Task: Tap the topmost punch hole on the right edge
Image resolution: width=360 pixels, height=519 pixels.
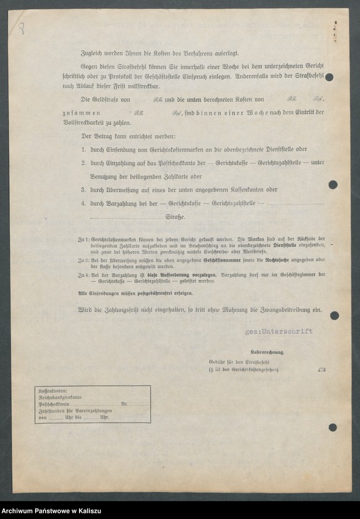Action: coord(329,77)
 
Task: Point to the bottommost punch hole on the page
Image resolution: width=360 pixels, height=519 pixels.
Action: coord(333,427)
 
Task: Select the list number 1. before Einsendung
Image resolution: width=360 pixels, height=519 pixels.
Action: coord(83,150)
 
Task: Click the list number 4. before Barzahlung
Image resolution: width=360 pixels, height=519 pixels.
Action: coord(83,203)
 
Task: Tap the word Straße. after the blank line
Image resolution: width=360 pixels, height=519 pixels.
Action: coord(175,217)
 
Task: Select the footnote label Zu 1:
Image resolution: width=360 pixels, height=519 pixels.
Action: coord(83,238)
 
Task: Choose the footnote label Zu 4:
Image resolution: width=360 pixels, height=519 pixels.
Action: coord(83,274)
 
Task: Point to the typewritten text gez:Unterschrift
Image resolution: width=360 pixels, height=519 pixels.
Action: coord(278,331)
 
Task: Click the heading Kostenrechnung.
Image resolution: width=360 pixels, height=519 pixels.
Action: coord(267,352)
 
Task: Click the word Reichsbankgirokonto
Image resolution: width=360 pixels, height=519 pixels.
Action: coord(60,398)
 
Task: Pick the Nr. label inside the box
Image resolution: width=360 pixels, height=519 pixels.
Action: coord(124,404)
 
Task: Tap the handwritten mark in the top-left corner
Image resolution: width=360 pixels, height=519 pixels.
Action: coord(22,28)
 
